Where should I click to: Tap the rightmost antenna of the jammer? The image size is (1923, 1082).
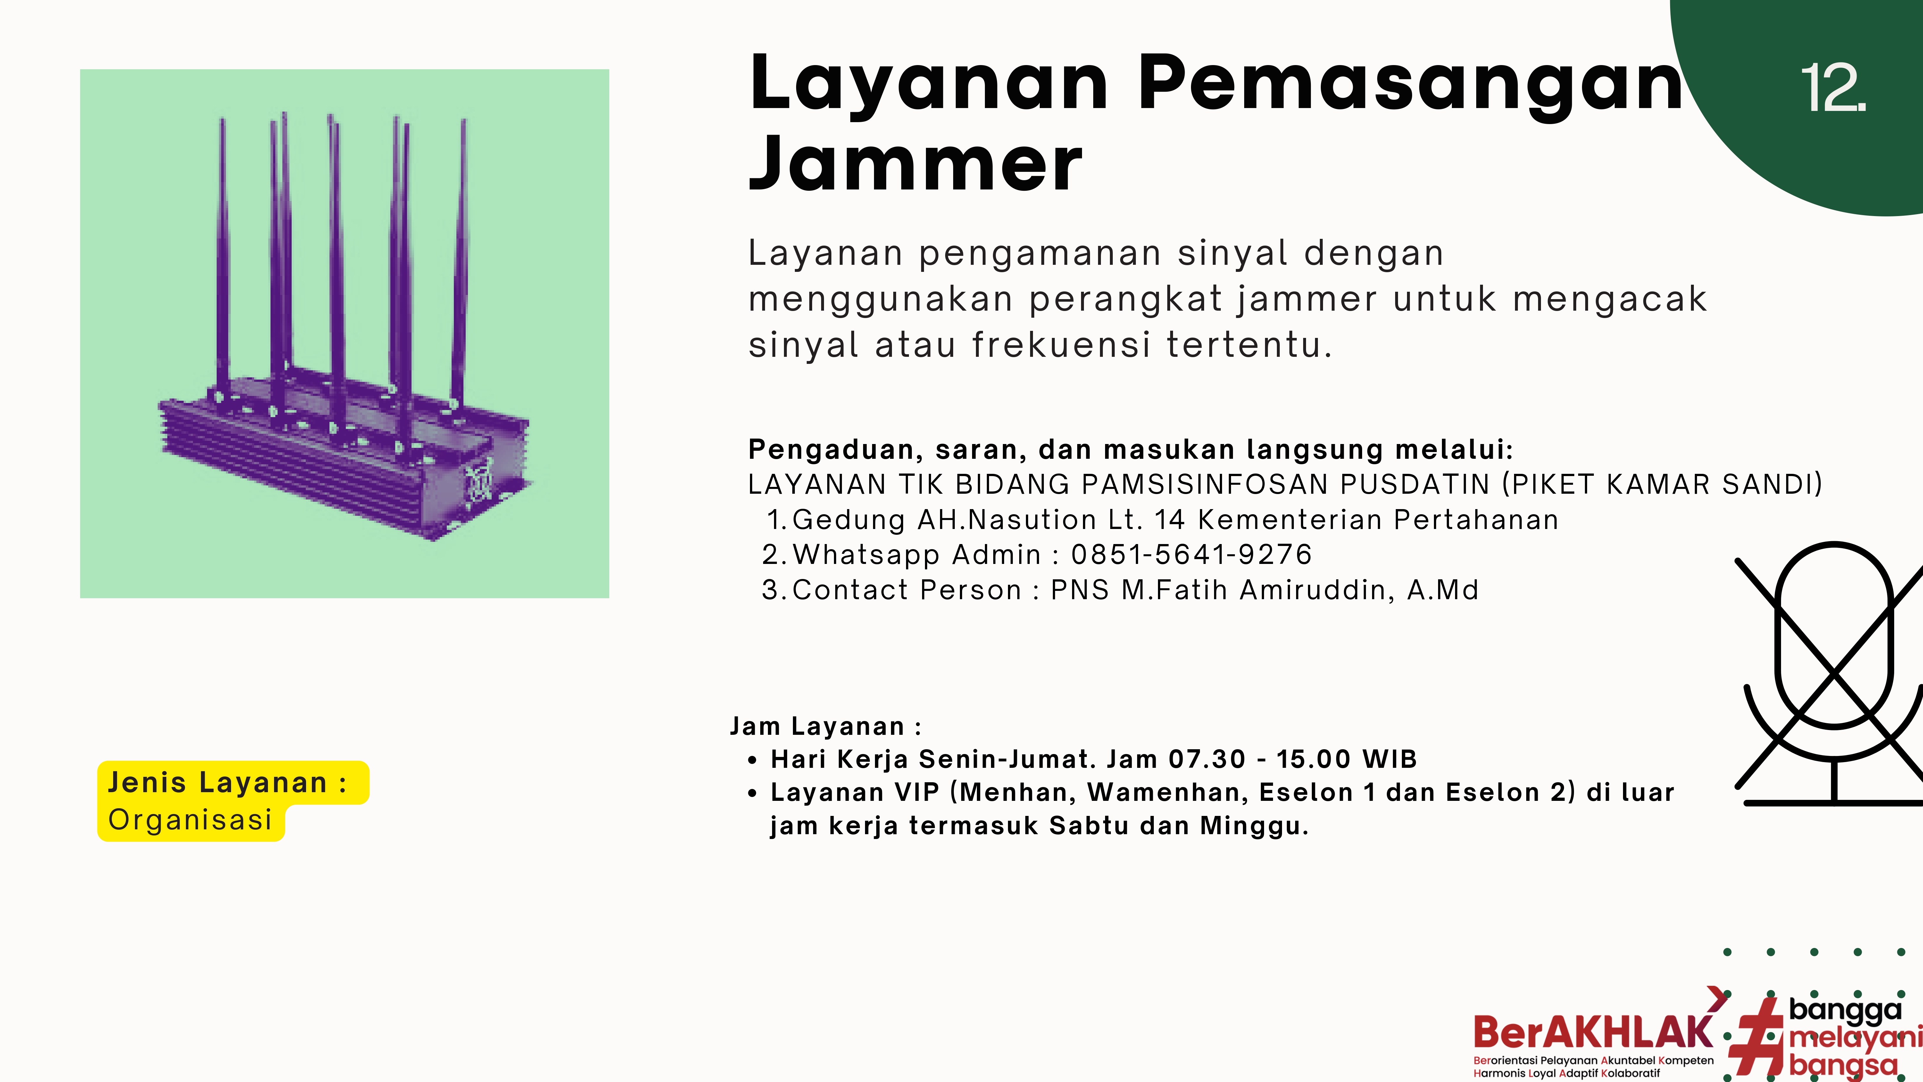460,261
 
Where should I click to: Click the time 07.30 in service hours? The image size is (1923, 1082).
1207,759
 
